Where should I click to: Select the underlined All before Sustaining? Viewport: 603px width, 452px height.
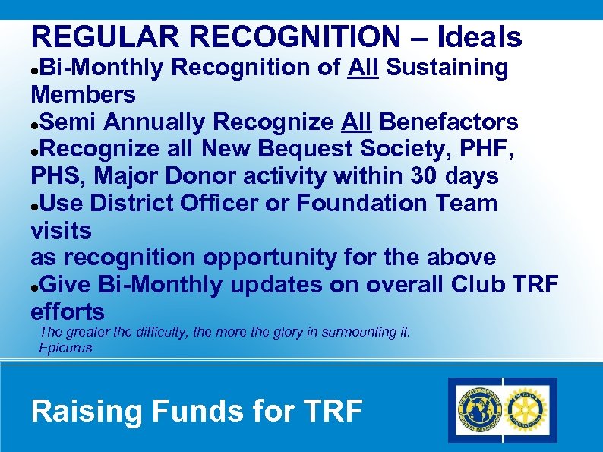[364, 68]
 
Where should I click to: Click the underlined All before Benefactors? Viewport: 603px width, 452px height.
[356, 122]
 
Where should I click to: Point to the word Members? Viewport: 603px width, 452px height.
[83, 95]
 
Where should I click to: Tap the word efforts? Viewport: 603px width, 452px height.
[68, 312]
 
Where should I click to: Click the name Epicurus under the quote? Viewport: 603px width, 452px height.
[65, 348]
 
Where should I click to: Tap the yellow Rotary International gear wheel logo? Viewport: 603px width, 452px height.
[529, 410]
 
